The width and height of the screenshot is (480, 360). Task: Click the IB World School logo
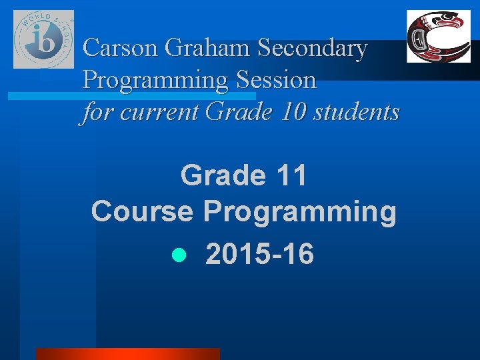pyautogui.click(x=44, y=39)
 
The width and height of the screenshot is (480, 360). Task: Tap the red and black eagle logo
pyautogui.click(x=439, y=37)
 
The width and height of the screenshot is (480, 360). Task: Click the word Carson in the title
pyautogui.click(x=121, y=49)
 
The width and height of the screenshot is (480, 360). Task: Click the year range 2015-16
pyautogui.click(x=259, y=254)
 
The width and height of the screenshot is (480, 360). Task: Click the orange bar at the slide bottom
pyautogui.click(x=127, y=353)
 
